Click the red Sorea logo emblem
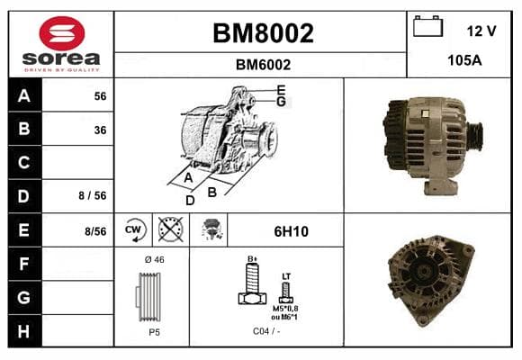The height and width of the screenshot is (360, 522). coord(62,33)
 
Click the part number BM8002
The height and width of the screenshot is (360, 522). coord(263,33)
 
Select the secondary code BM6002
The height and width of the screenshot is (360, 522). coord(263,65)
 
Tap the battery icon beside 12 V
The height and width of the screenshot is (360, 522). coord(427,26)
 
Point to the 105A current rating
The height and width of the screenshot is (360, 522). coord(464,60)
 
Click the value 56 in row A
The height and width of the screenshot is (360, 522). coord(100,96)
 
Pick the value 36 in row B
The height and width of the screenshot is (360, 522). coord(100,130)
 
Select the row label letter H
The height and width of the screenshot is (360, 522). coord(23,331)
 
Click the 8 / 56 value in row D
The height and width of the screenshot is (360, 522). coord(93,195)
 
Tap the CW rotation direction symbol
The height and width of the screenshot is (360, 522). coord(134,229)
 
